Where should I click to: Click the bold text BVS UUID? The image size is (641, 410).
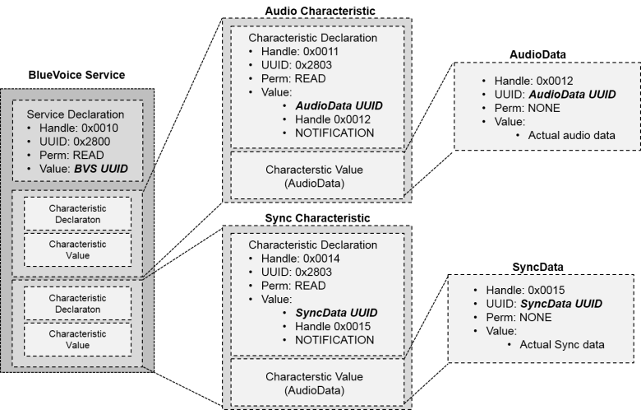[x=102, y=170]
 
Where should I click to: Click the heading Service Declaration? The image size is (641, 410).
[x=76, y=114]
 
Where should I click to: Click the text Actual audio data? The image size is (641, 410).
[x=571, y=135]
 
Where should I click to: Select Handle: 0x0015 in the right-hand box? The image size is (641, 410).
[x=526, y=290]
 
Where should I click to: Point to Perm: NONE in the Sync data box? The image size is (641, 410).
[x=519, y=317]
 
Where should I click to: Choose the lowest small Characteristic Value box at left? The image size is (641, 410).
[x=77, y=339]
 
